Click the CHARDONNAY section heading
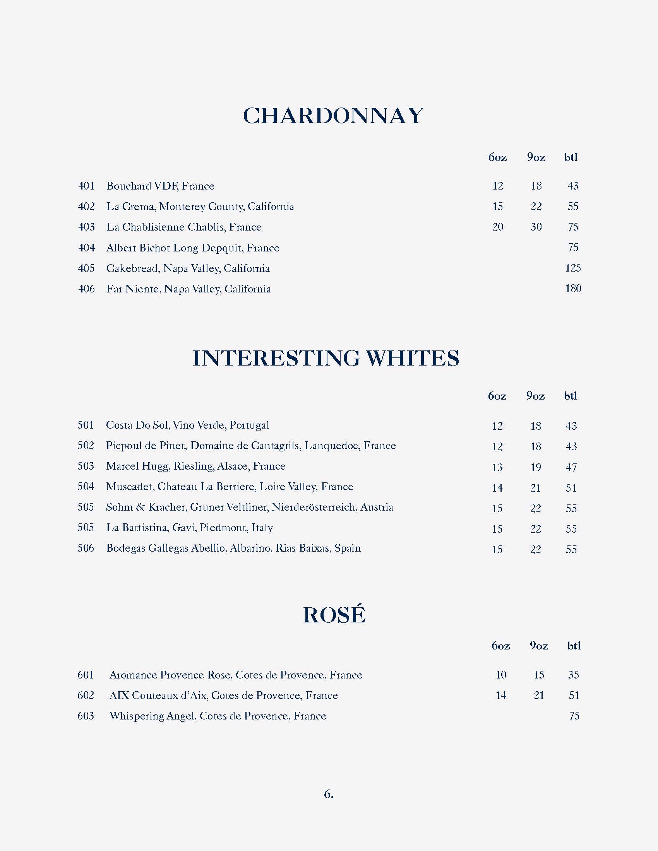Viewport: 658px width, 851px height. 333,116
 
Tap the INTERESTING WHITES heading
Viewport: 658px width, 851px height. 326,358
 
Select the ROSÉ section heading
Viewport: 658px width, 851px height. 334,615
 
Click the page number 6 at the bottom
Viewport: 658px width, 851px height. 328,794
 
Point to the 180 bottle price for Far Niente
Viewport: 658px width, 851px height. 573,289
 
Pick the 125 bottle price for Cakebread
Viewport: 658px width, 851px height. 573,268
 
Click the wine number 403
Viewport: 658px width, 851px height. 86,227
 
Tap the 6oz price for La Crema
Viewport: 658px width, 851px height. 498,207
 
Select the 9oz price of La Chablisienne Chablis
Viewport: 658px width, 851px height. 536,227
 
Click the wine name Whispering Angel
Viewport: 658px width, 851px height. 152,716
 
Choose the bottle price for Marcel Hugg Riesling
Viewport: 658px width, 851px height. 571,467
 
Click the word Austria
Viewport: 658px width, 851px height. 377,508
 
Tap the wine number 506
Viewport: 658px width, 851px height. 86,548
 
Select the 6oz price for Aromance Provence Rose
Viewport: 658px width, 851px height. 501,675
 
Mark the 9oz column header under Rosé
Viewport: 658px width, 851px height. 539,646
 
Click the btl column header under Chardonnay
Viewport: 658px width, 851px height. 571,157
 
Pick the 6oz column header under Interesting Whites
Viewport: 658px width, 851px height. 497,396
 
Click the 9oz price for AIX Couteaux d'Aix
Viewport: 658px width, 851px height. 539,695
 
